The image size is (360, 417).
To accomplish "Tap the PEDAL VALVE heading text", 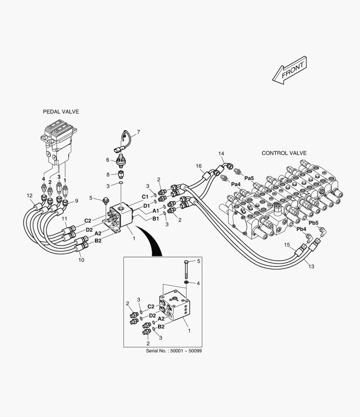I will [61, 112].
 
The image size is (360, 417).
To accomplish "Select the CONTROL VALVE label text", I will [284, 153].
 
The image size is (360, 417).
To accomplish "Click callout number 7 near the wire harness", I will [139, 132].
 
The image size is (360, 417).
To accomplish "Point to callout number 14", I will [221, 154].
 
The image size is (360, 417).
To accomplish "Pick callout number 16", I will [199, 166].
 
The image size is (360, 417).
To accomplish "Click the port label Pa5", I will [249, 178].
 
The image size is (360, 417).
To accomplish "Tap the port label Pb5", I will [313, 223].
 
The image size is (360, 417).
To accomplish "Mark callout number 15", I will [287, 245].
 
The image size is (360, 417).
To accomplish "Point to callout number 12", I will [30, 196].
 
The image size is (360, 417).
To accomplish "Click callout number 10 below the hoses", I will [81, 260].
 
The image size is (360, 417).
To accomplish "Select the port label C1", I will [145, 197].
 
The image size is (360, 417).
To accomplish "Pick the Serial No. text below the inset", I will [174, 351].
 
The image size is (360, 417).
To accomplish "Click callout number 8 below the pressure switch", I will [108, 174].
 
